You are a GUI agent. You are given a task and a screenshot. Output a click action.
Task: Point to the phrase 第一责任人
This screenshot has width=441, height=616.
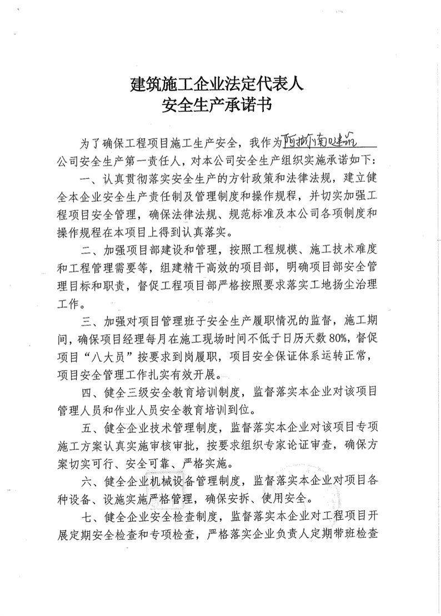click(x=181, y=162)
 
